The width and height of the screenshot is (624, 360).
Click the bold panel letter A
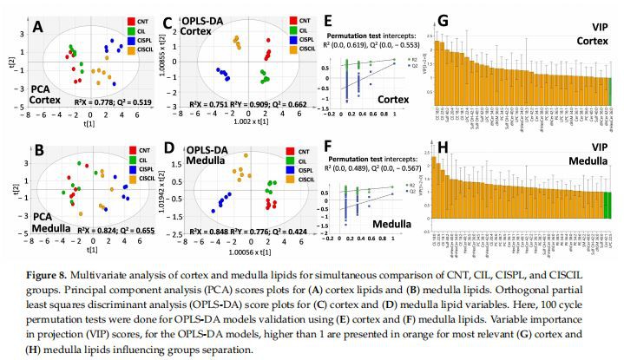tap(37, 28)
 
